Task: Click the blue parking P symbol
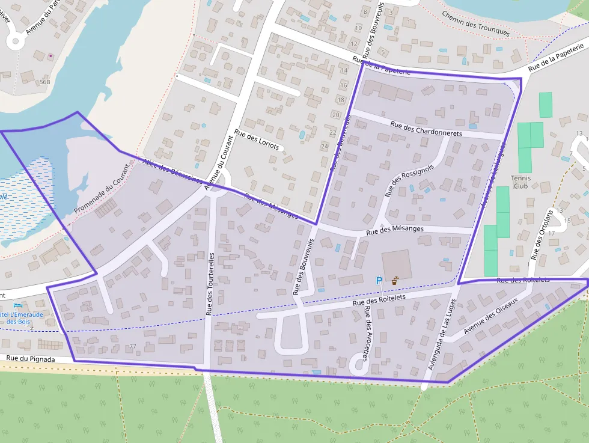(379, 280)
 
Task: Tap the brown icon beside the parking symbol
(394, 280)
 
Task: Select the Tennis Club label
(520, 182)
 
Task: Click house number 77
(133, 347)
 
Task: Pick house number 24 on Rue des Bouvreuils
(325, 147)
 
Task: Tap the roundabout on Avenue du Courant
(222, 179)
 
